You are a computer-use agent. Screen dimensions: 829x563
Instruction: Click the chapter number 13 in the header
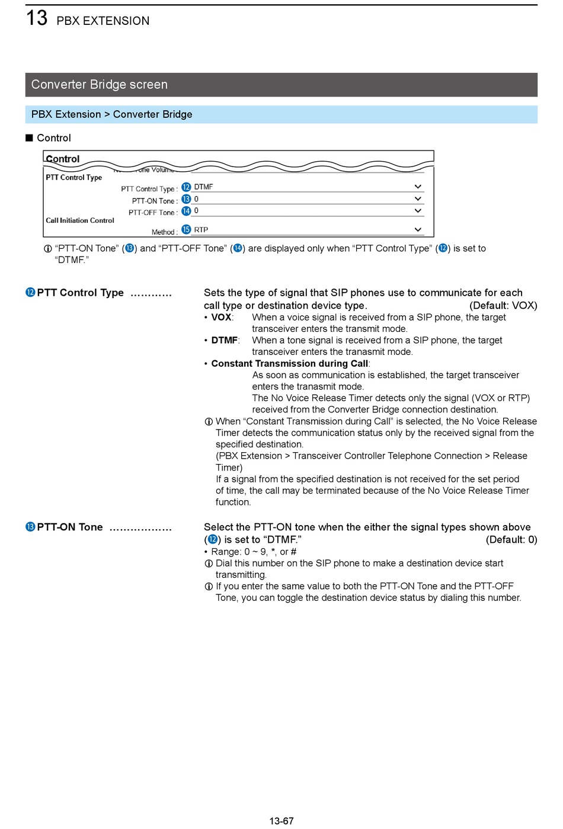tap(36, 18)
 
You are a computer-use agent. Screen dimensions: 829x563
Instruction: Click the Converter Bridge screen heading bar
tap(281, 85)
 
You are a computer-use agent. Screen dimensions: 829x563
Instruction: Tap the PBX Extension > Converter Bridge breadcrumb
tap(112, 114)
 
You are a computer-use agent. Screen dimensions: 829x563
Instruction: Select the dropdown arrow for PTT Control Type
tap(418, 187)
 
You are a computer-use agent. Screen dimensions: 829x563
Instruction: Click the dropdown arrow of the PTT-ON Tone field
tap(418, 199)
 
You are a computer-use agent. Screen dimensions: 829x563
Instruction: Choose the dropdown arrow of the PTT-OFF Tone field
tap(418, 211)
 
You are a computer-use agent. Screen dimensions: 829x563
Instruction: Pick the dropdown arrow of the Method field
tap(418, 230)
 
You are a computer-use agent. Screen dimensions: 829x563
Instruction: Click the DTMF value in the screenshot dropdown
tap(203, 187)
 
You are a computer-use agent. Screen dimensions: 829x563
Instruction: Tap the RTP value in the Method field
tap(201, 230)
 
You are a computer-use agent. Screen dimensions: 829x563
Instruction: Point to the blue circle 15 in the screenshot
tap(186, 229)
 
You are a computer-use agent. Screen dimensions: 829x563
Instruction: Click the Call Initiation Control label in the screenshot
tap(80, 220)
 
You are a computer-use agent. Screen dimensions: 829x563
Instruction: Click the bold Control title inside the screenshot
tap(63, 159)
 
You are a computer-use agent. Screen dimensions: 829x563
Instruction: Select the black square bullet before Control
tap(29, 138)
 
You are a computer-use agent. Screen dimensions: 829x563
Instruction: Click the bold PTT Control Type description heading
tap(80, 293)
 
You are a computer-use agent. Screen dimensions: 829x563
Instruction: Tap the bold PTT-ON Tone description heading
tap(70, 527)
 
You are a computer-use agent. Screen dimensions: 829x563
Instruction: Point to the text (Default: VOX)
tap(503, 306)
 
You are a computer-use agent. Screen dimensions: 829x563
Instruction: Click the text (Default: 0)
tap(511, 540)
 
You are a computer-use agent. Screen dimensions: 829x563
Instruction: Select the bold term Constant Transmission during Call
tap(290, 364)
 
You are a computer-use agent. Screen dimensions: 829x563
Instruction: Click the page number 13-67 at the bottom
tap(281, 821)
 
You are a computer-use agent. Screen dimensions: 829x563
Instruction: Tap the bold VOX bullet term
tap(221, 318)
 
